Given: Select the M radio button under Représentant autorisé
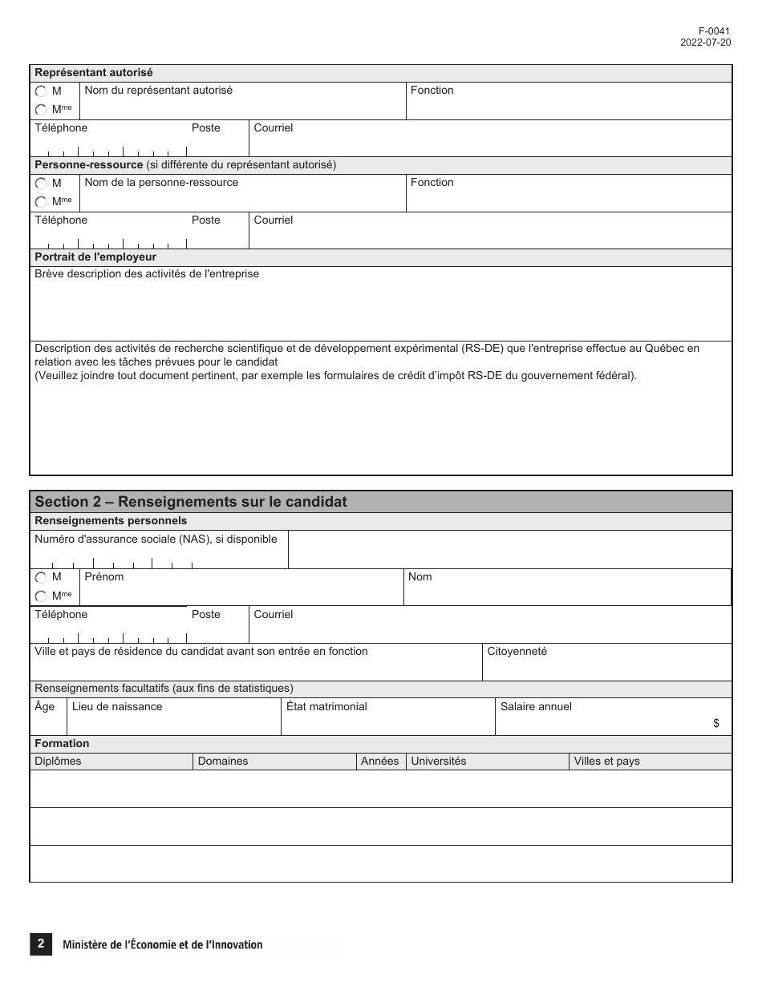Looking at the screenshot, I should (41, 91).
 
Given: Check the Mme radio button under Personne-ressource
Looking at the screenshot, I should (41, 202).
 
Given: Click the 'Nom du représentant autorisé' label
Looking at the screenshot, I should (158, 91).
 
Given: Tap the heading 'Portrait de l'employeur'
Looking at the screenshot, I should (95, 257).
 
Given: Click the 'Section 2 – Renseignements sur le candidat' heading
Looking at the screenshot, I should (191, 502).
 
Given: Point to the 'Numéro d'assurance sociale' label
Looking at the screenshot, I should (156, 539).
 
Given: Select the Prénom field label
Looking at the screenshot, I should (104, 577).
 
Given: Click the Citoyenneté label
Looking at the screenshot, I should (517, 652).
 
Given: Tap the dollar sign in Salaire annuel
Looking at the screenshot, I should (716, 723).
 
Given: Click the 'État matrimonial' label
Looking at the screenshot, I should (326, 707).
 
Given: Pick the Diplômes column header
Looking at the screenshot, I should (58, 762).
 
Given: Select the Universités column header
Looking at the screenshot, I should (438, 762).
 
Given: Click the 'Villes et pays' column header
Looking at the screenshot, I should (606, 762).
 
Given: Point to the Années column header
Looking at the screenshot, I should (379, 762).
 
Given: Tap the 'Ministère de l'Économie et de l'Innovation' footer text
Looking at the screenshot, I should (163, 945).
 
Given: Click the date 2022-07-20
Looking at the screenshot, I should (705, 42).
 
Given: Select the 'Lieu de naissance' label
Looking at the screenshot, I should (117, 707).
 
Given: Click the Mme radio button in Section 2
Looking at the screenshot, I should (41, 596).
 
